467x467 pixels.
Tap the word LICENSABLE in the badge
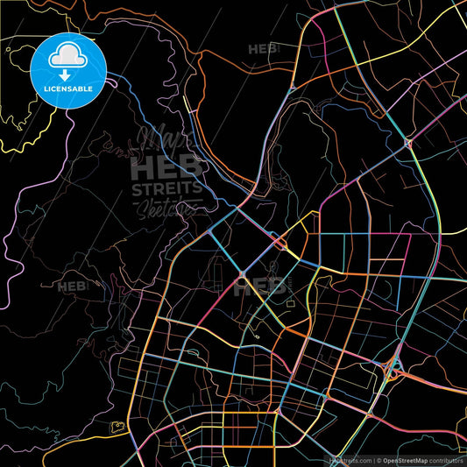click(x=68, y=89)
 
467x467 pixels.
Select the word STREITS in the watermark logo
click(x=166, y=188)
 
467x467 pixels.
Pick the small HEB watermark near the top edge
click(x=262, y=49)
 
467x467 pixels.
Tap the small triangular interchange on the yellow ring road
click(x=407, y=142)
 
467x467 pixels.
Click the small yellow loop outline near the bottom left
click(x=117, y=428)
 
